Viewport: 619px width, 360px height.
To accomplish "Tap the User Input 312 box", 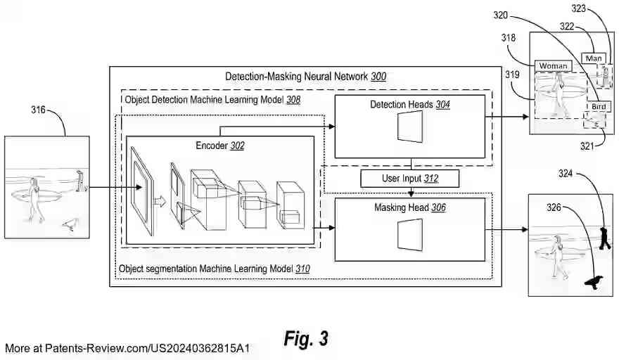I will [x=410, y=179].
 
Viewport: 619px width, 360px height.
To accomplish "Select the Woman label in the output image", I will [x=553, y=66].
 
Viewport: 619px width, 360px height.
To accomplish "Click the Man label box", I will [x=594, y=58].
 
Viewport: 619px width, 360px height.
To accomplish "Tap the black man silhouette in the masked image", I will [x=604, y=238].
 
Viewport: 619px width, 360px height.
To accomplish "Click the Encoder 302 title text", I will [x=220, y=146].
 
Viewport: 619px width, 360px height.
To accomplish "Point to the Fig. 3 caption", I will [x=306, y=338].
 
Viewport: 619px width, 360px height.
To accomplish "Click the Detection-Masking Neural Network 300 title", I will [x=305, y=76].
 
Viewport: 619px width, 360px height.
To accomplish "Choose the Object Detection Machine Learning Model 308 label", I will [x=212, y=100].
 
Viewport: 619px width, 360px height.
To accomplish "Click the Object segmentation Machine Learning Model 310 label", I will [x=214, y=269].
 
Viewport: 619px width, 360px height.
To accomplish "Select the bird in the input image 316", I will [x=70, y=224].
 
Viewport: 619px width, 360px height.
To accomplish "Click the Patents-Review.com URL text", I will [x=127, y=348].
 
